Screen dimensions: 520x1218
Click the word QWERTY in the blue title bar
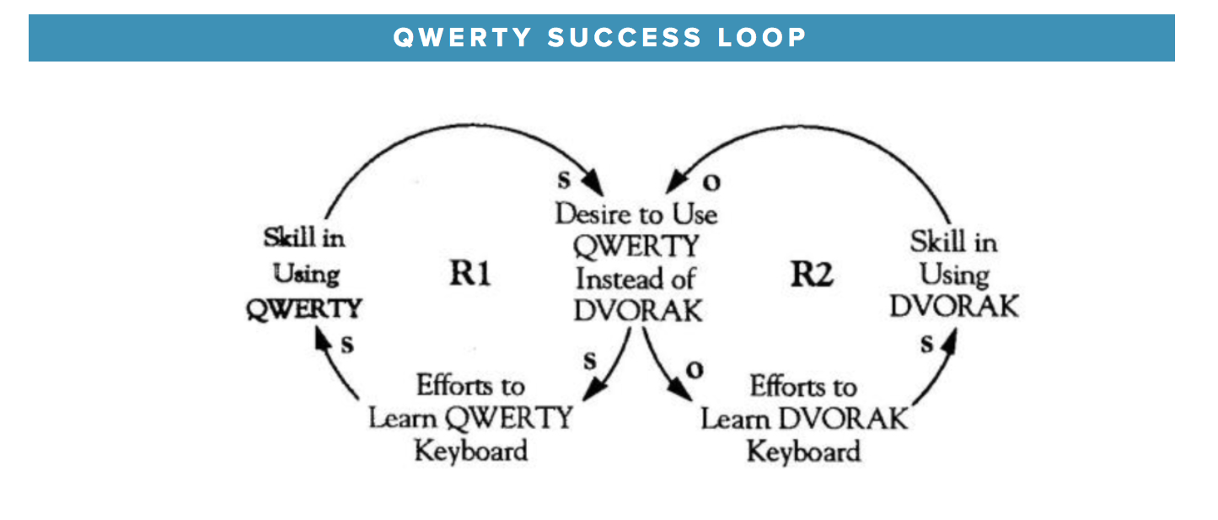click(463, 38)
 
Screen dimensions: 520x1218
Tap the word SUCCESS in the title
click(623, 38)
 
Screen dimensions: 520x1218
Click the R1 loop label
click(469, 275)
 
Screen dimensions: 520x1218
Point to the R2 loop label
click(811, 275)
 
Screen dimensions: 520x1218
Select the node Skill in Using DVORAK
click(953, 274)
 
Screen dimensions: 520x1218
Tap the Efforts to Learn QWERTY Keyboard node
click(469, 418)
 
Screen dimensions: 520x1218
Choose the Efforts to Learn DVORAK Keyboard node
click(804, 418)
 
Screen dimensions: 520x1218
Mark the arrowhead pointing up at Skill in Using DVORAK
click(949, 341)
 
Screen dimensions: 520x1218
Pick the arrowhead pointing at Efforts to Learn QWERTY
click(594, 389)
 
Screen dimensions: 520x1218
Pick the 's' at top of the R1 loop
click(563, 179)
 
